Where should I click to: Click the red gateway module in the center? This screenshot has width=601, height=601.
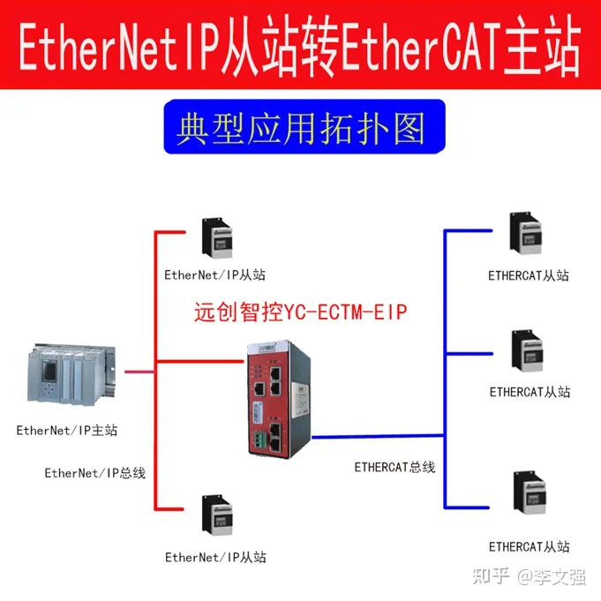(276, 399)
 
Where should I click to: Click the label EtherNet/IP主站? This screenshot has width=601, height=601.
(67, 431)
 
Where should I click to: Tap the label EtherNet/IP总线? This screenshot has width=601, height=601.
(95, 473)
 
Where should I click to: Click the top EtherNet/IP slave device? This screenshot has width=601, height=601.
(216, 240)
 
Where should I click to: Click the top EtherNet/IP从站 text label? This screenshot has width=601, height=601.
(215, 274)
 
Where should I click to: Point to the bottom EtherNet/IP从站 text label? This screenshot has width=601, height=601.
(215, 557)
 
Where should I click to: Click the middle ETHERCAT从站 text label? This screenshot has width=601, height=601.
(530, 391)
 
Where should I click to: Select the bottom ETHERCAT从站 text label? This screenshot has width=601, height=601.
(530, 546)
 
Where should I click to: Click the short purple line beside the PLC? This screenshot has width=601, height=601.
(137, 372)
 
